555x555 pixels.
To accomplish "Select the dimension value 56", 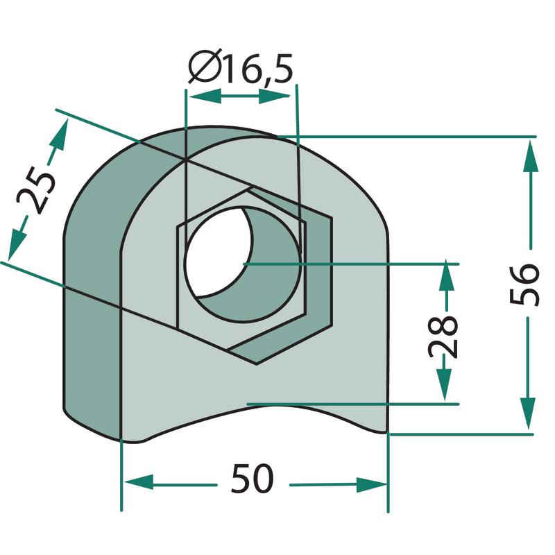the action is [524, 284].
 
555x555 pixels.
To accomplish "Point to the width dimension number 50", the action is [253, 478].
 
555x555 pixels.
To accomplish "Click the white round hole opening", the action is [218, 251].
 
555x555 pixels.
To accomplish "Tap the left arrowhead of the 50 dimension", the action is [138, 482].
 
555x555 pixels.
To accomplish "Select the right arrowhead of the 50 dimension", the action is [372, 484].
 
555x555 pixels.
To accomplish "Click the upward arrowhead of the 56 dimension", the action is [531, 156].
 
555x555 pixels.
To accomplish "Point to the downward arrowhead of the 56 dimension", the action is [528, 413].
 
